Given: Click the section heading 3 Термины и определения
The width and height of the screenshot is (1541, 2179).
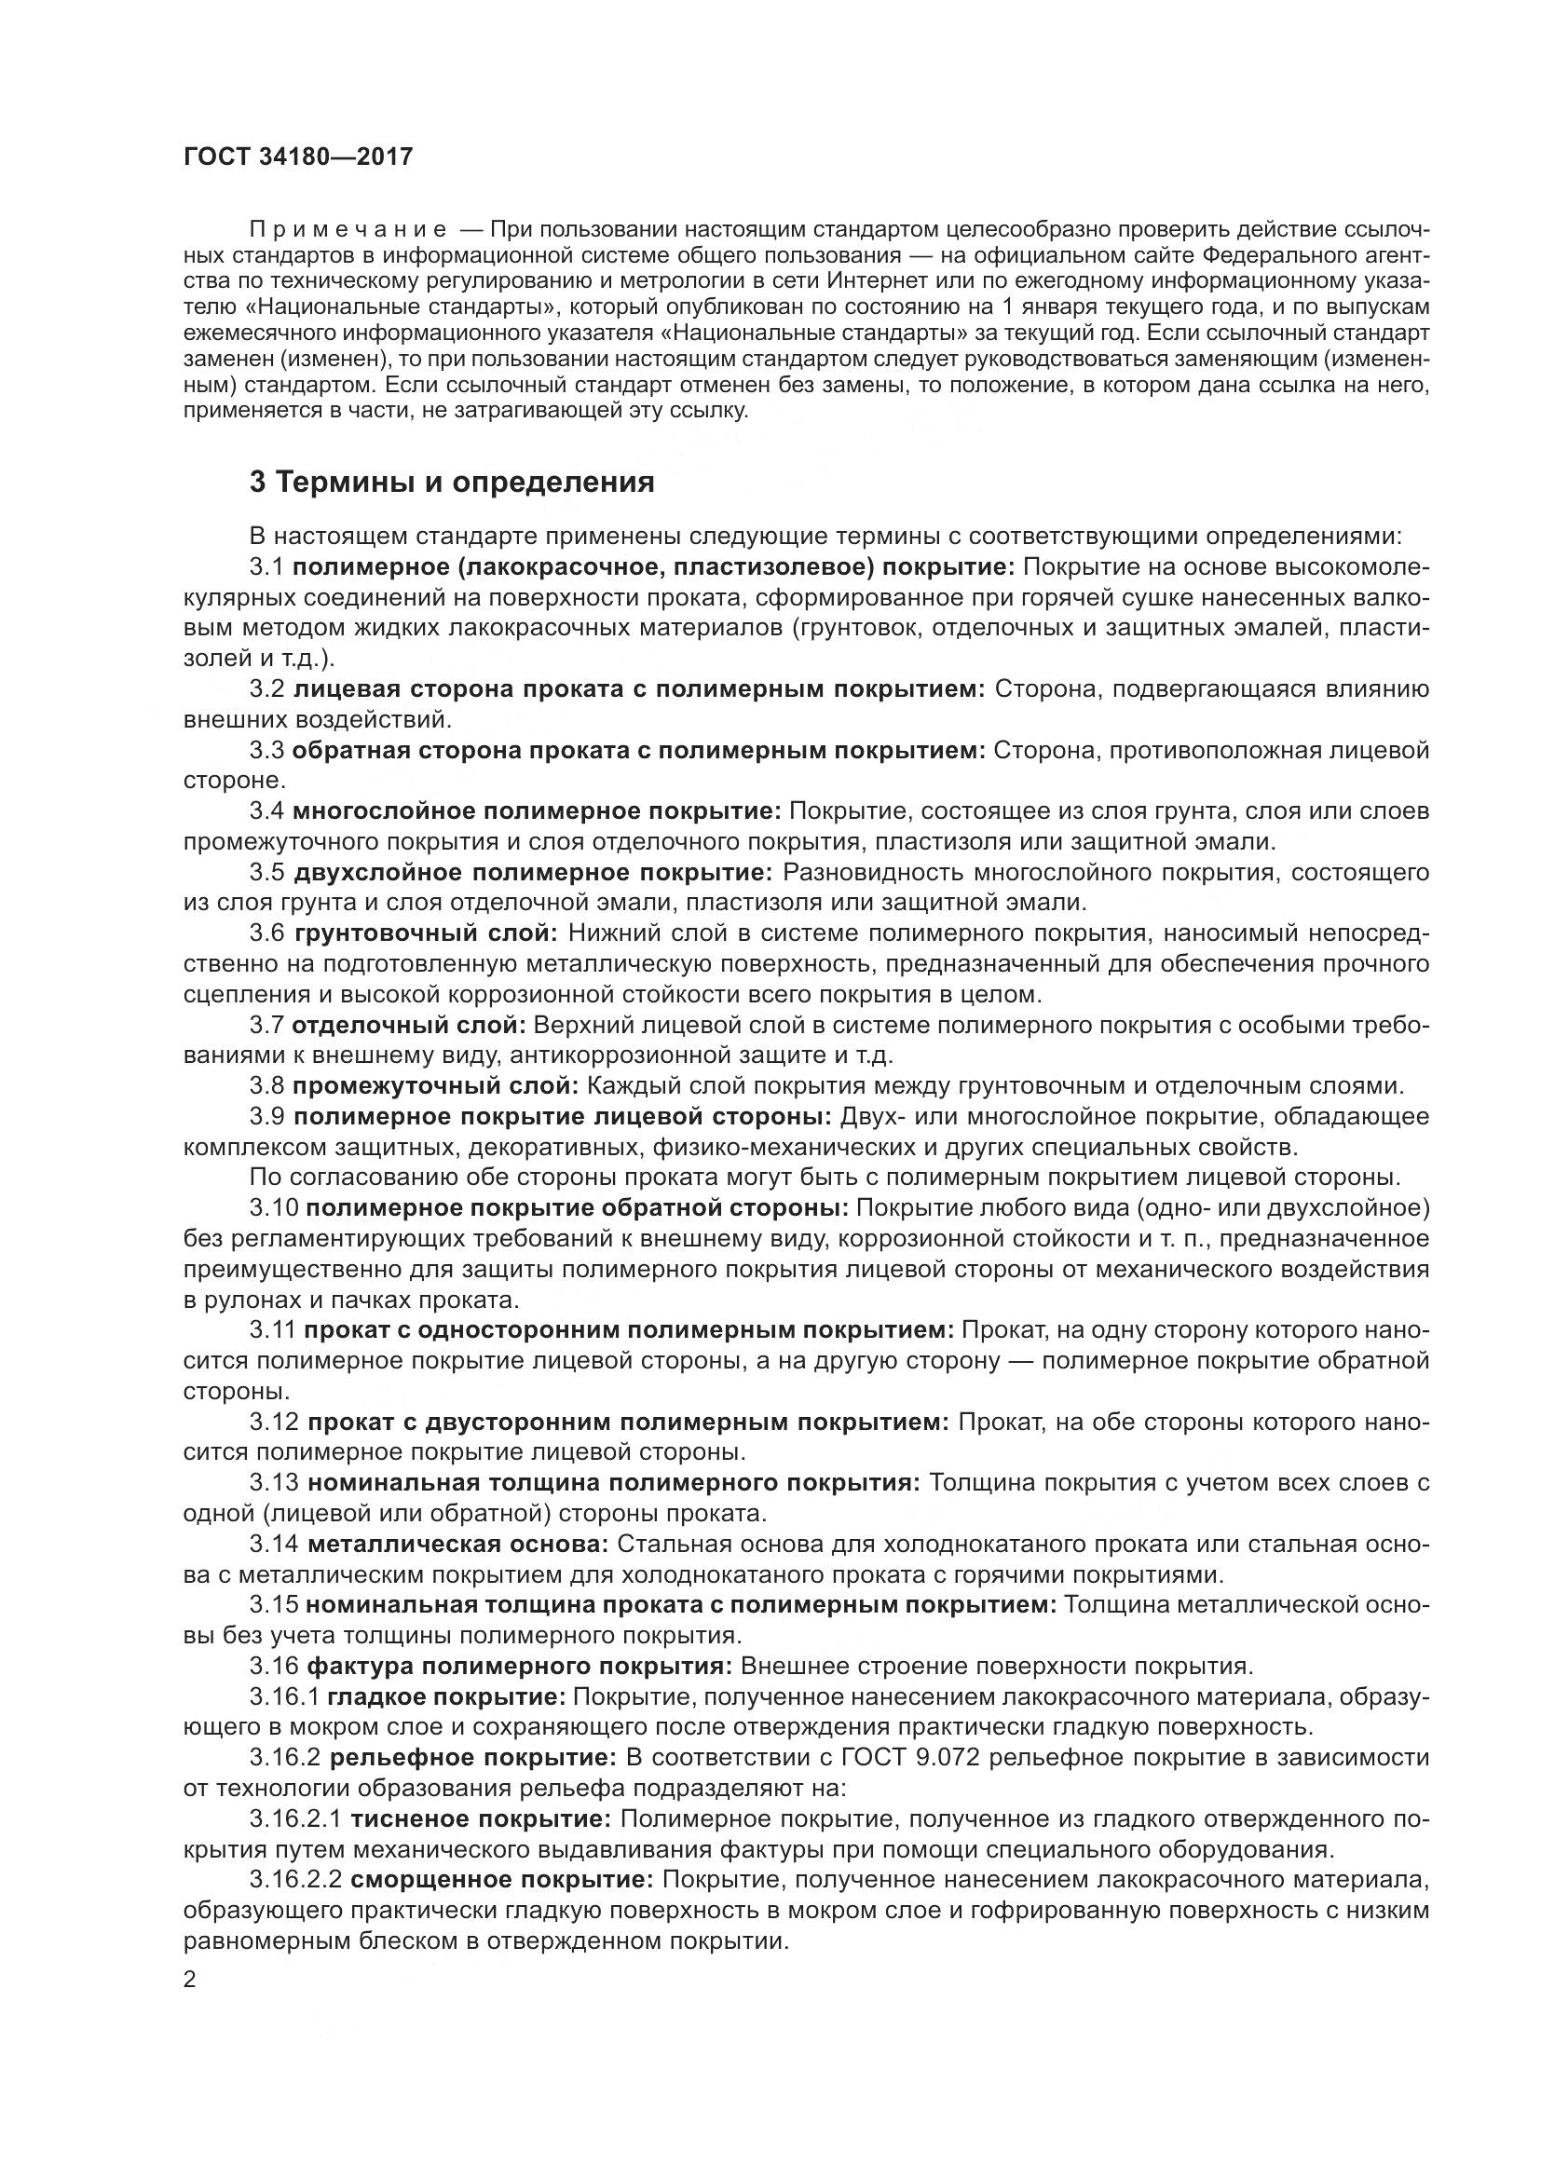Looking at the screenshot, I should click(452, 483).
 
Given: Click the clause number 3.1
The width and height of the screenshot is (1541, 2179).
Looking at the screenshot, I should click(266, 567).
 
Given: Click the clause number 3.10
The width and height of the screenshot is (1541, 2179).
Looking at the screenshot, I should click(274, 1208).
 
